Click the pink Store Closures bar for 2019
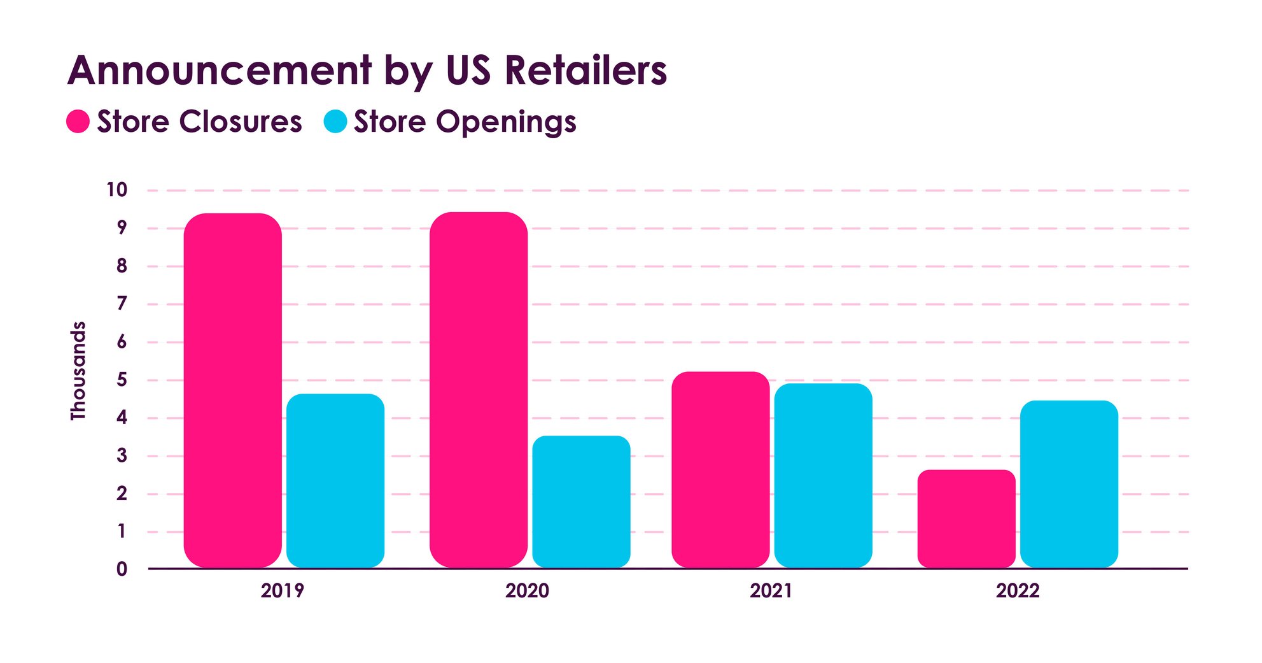[x=232, y=390]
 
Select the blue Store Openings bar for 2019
[x=335, y=481]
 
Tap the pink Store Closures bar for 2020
[x=479, y=390]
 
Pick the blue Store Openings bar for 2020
[x=581, y=502]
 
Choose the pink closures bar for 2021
[x=720, y=469]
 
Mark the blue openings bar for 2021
[x=823, y=475]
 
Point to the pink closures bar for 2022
[x=966, y=518]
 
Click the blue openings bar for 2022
[x=1069, y=484]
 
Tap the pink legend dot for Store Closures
[x=78, y=121]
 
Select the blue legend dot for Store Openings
[x=335, y=121]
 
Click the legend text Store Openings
[x=465, y=121]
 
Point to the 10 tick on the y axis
[x=117, y=190]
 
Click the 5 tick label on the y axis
[x=122, y=380]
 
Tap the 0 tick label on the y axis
[x=122, y=569]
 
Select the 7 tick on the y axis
[x=122, y=304]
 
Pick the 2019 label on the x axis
[x=282, y=590]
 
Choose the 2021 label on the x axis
[x=771, y=590]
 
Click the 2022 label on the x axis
[x=1017, y=590]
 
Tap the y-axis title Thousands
[x=78, y=371]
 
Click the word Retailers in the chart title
[x=585, y=70]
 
